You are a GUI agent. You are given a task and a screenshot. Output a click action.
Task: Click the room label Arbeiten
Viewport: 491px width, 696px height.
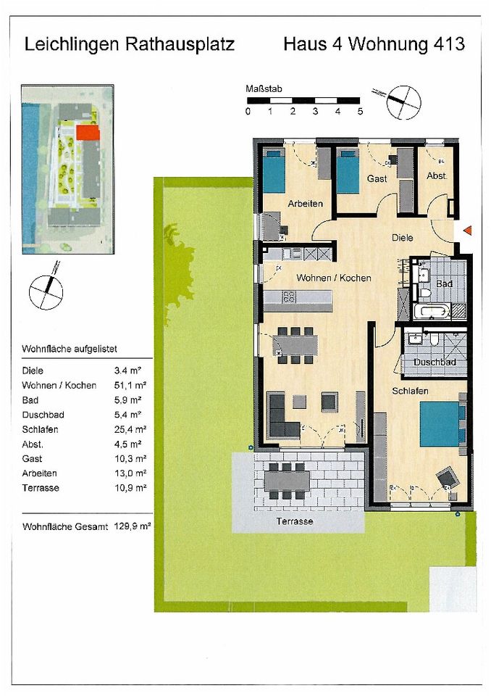tap(305, 204)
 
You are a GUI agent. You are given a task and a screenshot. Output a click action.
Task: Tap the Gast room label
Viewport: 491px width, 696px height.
tap(377, 178)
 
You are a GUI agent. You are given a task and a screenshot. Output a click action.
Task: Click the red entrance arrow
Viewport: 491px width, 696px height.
tap(467, 231)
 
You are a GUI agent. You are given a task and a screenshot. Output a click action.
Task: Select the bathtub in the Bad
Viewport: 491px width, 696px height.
tap(432, 312)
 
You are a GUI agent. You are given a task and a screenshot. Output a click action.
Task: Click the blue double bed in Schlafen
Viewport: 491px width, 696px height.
tap(440, 423)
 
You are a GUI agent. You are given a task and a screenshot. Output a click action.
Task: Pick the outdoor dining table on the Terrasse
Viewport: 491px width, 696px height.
tap(287, 479)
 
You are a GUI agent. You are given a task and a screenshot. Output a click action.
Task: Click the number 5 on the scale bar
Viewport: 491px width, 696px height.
tap(360, 112)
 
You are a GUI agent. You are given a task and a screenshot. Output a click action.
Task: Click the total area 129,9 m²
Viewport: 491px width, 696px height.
tap(132, 529)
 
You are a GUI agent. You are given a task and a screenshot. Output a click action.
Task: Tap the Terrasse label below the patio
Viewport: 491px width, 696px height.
tap(295, 522)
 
